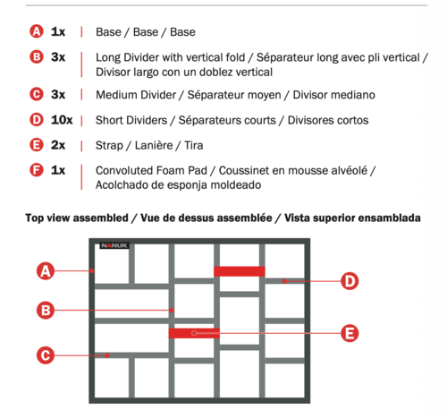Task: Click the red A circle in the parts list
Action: click(x=37, y=31)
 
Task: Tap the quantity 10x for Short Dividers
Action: click(x=62, y=120)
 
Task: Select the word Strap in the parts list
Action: click(x=109, y=146)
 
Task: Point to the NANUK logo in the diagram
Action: click(x=114, y=245)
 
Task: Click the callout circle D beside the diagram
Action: click(x=350, y=281)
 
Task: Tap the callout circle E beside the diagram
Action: click(x=350, y=333)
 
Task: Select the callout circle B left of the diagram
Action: click(x=46, y=310)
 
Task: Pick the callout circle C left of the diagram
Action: click(x=46, y=355)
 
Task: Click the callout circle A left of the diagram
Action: click(x=46, y=271)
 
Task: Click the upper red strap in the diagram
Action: click(x=240, y=271)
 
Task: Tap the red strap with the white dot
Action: click(x=194, y=333)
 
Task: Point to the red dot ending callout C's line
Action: click(x=107, y=355)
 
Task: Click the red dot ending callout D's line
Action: click(x=285, y=281)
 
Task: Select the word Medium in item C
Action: click(x=116, y=95)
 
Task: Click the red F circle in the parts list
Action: click(x=37, y=170)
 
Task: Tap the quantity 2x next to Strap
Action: click(x=58, y=145)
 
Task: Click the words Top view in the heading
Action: click(x=47, y=218)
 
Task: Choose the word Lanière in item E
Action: click(x=154, y=145)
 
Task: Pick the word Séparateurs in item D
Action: click(x=227, y=120)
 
